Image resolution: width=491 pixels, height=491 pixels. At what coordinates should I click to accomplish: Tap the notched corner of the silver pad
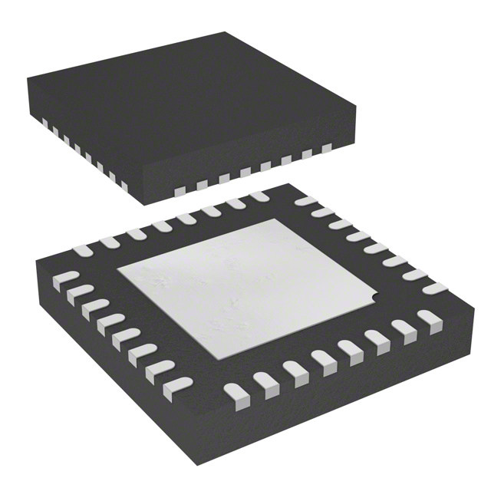(374, 295)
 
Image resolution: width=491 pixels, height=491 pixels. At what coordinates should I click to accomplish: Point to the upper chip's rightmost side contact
(326, 147)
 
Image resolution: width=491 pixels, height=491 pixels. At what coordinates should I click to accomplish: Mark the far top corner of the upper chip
(225, 33)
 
